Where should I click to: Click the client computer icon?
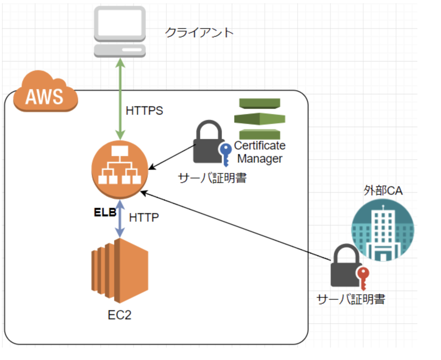(x=120, y=31)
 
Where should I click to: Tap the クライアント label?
(x=199, y=32)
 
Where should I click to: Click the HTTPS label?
(x=144, y=111)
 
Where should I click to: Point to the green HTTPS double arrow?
(x=120, y=98)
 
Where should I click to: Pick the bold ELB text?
(x=105, y=212)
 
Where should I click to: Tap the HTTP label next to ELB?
(x=144, y=217)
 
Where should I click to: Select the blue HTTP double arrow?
(x=120, y=219)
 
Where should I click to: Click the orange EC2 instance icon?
(x=120, y=270)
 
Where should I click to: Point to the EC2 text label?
(x=119, y=315)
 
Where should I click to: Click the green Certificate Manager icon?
(x=260, y=119)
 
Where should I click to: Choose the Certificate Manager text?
(x=260, y=152)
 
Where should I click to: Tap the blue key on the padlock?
(x=225, y=152)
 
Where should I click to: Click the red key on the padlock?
(x=363, y=276)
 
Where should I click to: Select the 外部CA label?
(x=383, y=190)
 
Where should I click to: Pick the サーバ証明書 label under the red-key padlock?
(x=351, y=299)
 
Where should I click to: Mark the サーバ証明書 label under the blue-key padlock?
(x=212, y=178)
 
